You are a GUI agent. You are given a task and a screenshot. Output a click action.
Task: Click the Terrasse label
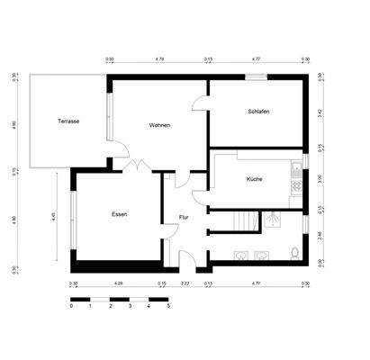point(68,121)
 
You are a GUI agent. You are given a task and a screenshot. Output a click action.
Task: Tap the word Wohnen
point(160,125)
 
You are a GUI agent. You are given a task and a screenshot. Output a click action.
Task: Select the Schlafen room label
point(258,112)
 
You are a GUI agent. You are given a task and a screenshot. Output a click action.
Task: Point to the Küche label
point(254,179)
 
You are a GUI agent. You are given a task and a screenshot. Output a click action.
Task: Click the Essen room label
point(119,214)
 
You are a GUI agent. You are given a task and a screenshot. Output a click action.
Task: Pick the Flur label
point(184,217)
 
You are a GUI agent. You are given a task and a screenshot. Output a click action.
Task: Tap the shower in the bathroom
point(269,219)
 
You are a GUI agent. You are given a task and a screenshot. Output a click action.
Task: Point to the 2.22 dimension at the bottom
point(185,284)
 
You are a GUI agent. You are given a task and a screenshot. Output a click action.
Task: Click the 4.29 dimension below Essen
point(118,284)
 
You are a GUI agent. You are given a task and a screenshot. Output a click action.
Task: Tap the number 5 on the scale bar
point(167,306)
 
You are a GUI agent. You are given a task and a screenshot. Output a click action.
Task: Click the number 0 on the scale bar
point(71,306)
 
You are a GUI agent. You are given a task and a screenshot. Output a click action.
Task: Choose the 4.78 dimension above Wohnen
point(159,58)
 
